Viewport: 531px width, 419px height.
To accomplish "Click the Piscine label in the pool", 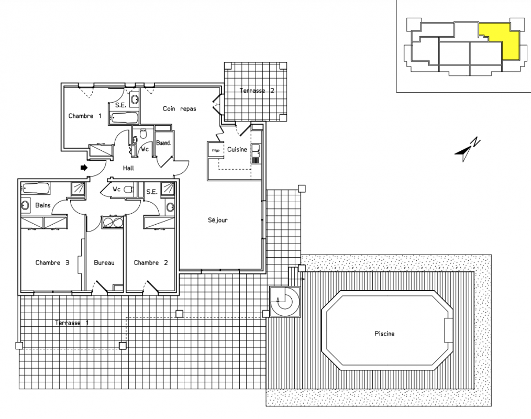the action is [384, 334].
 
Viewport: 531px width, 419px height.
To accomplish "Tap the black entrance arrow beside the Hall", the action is [84, 168].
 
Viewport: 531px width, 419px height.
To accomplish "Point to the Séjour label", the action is [217, 220].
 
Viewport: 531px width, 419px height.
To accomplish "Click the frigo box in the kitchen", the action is [215, 150].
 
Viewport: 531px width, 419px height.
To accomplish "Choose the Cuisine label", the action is [237, 149].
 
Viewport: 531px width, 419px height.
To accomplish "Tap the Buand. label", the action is [163, 143].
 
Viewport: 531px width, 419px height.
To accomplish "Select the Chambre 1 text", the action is [85, 116].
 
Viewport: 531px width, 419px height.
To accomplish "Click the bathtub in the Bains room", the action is [36, 188].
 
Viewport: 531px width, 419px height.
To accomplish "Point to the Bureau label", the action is [104, 262].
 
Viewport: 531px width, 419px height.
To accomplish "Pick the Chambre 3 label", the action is [52, 262].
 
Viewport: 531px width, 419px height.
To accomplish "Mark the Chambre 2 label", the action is [151, 262].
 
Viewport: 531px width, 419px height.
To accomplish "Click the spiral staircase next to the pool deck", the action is [285, 302].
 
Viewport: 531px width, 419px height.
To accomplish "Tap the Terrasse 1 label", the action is [72, 323].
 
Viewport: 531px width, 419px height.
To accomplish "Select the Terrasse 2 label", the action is [257, 91].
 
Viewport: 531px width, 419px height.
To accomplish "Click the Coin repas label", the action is [180, 109].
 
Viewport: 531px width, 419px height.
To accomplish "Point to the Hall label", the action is [128, 168].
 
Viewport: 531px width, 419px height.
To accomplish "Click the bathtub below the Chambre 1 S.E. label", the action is [124, 118].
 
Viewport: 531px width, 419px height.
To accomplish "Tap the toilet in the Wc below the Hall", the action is [128, 190].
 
